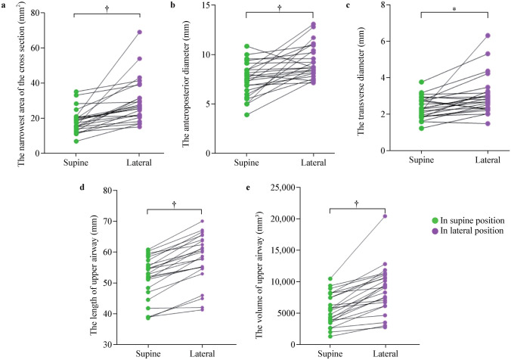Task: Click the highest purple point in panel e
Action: (385, 216)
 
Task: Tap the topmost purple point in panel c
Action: (488, 35)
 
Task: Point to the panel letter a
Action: (4, 5)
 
